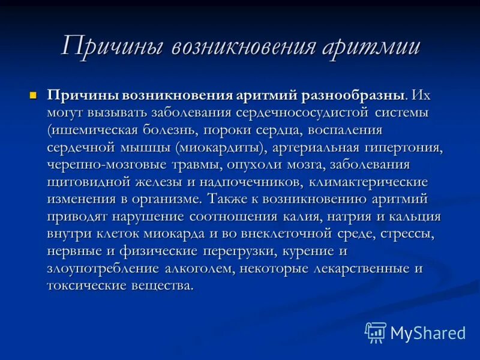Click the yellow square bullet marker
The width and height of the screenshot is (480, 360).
pos(34,95)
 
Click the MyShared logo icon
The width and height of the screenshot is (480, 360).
pos(375,332)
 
